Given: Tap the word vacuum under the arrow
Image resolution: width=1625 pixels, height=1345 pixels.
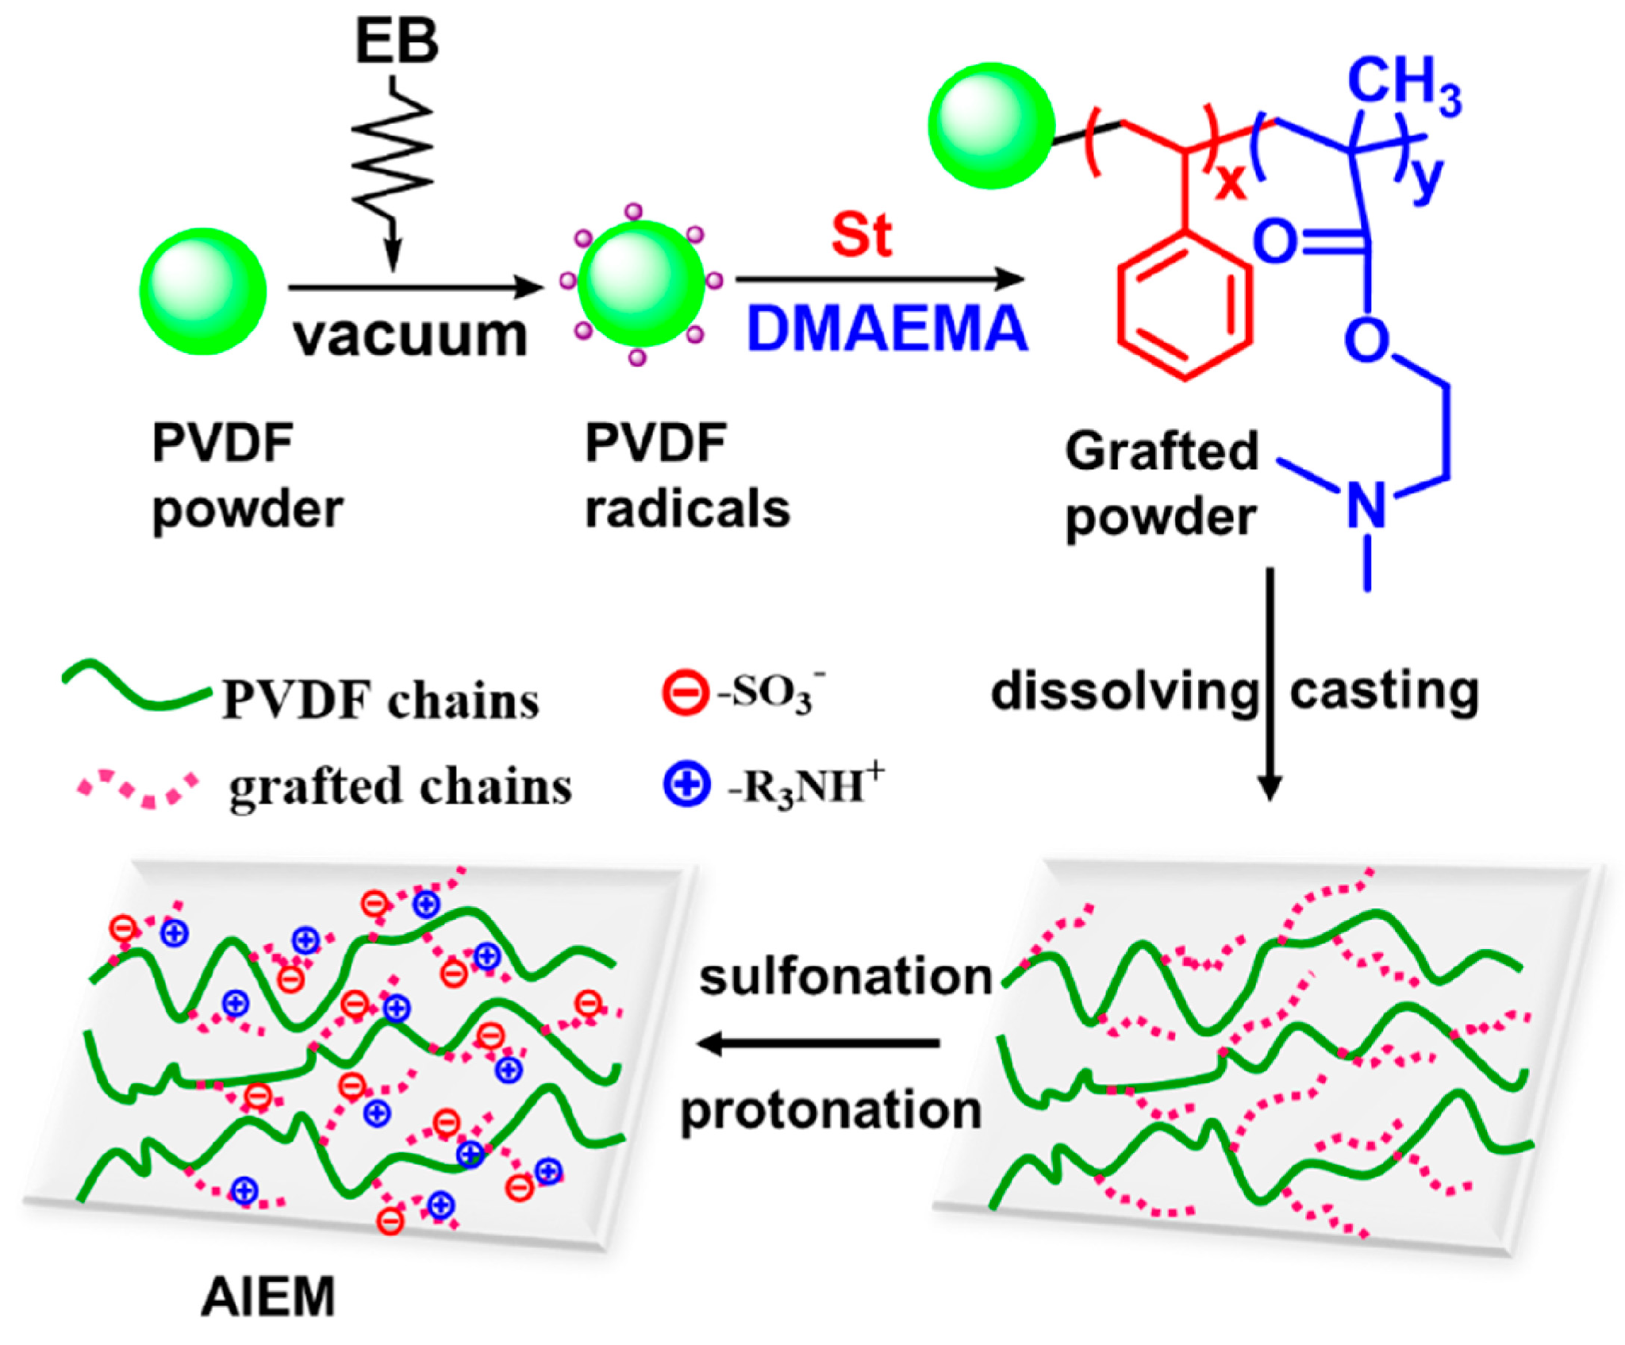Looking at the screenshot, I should pos(409,335).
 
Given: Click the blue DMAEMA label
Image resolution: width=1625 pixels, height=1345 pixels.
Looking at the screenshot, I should pos(887,329).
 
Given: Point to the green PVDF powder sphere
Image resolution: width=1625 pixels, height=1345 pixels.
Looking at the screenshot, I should pos(203,290).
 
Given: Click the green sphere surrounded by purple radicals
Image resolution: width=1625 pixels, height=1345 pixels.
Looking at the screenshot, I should pos(641,284).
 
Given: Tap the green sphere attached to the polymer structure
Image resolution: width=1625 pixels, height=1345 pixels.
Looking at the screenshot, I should pos(992,125).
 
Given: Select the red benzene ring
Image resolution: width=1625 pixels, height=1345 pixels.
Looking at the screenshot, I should pos(1185,306).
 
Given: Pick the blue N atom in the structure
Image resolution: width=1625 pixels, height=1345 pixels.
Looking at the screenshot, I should pos(1366,505).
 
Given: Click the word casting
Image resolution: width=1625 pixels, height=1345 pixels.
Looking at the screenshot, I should pos(1384,690).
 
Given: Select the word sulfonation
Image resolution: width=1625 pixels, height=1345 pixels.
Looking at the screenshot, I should pos(846,976).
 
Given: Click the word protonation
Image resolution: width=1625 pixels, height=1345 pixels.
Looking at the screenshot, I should pos(831,1109).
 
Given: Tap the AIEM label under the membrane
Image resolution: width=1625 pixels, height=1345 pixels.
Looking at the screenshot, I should pos(268,1297).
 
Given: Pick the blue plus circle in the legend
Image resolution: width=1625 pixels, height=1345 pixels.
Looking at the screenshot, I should pos(686,785).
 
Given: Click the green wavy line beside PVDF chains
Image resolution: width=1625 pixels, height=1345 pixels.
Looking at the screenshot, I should pos(135,686).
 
